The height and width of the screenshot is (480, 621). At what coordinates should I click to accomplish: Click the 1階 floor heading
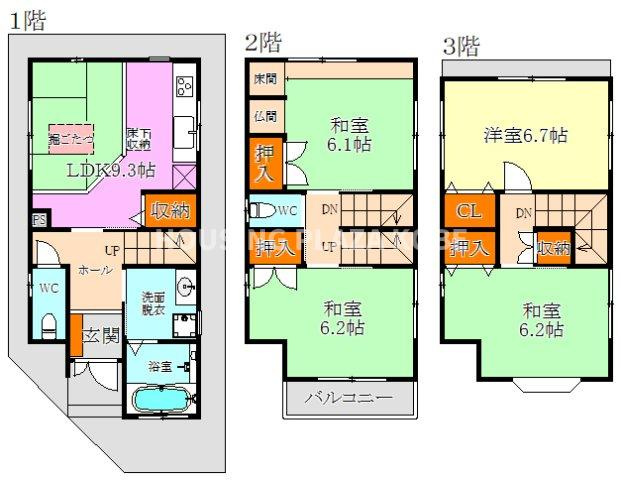tap(27, 20)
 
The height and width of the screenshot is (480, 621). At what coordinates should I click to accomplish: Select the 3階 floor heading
tap(461, 45)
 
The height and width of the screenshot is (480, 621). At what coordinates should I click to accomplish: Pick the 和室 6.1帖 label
tap(350, 135)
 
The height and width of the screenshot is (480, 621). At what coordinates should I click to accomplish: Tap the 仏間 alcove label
tap(265, 115)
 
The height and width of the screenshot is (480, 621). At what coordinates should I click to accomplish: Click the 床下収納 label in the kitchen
tap(139, 140)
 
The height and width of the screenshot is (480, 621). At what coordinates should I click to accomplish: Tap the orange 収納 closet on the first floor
tap(167, 210)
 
